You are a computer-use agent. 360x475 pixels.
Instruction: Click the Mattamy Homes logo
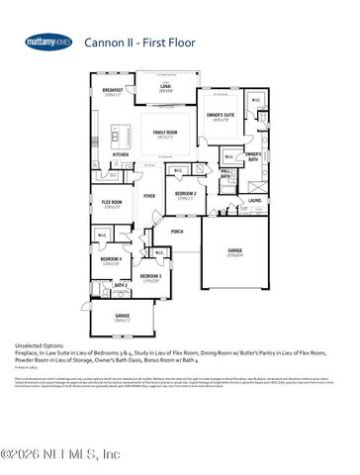click(x=48, y=42)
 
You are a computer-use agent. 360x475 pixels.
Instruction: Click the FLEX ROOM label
click(x=113, y=203)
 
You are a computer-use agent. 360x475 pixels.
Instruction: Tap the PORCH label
click(x=177, y=232)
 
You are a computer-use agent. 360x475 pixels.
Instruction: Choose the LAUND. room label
click(x=254, y=199)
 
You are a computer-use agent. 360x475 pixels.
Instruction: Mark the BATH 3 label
click(x=121, y=285)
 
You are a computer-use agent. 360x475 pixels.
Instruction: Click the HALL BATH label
click(x=225, y=173)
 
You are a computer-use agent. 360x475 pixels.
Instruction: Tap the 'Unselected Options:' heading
click(x=39, y=343)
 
